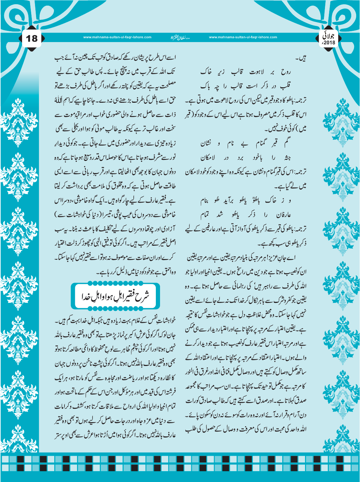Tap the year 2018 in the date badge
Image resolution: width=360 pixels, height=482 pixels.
point(330,42)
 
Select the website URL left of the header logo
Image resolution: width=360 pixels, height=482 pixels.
point(117,37)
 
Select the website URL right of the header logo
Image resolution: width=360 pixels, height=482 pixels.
point(243,37)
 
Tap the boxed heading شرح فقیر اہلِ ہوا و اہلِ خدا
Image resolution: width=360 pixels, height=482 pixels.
point(115,296)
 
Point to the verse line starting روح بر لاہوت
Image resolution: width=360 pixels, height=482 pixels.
point(245,72)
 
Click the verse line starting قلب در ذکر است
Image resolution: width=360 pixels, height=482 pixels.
point(245,86)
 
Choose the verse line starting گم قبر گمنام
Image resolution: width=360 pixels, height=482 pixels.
point(245,143)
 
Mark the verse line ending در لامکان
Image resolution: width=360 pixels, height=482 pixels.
point(245,157)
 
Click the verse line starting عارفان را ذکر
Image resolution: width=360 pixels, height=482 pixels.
point(245,214)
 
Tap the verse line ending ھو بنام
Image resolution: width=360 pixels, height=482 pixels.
point(245,200)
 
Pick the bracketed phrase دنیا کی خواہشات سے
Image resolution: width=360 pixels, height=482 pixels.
point(87,215)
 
